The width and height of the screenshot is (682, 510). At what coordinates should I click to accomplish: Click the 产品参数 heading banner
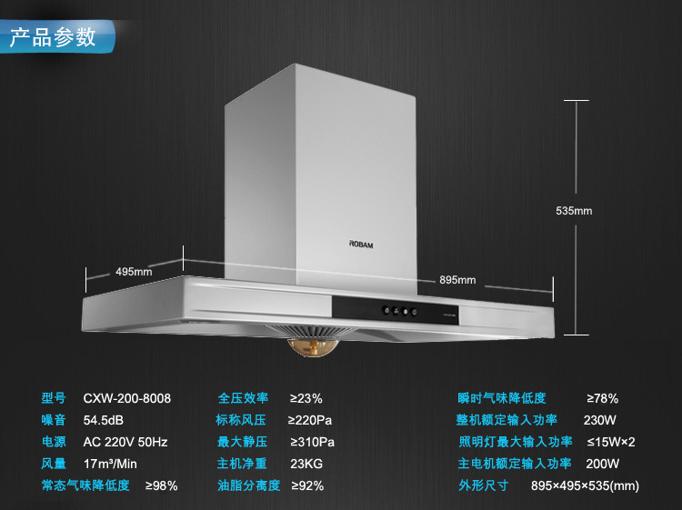pos(53,37)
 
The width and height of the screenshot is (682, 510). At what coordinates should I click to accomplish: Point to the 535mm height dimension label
pos(574,211)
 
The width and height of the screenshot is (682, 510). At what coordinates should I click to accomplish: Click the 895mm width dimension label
pos(457,280)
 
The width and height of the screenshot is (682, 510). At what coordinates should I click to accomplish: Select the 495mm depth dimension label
pos(134,272)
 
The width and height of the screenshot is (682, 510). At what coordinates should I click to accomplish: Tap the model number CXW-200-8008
pos(126,398)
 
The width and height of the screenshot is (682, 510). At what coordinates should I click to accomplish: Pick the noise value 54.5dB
pos(103,420)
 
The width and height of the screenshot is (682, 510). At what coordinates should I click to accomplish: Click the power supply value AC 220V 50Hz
pos(125,442)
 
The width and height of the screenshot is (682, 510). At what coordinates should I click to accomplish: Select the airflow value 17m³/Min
pos(110,464)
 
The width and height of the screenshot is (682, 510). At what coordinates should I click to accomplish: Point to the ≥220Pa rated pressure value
pos(311,420)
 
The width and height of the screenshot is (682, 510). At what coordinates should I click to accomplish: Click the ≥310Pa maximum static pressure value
pos(311,442)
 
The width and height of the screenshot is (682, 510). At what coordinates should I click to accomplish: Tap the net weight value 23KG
pos(306,464)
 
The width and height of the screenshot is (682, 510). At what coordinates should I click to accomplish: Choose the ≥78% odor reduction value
pos(602,398)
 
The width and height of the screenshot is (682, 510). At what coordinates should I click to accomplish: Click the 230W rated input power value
pos(599,420)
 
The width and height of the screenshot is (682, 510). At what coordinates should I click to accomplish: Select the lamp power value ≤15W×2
pos(610,442)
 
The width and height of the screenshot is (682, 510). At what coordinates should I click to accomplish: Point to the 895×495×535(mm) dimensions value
pos(585,485)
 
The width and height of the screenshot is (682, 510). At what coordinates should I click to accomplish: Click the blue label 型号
pos(54,398)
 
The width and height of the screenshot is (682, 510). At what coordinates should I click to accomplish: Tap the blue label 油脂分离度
pos(248,485)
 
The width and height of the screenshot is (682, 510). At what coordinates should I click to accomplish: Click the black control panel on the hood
pos(417,311)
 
